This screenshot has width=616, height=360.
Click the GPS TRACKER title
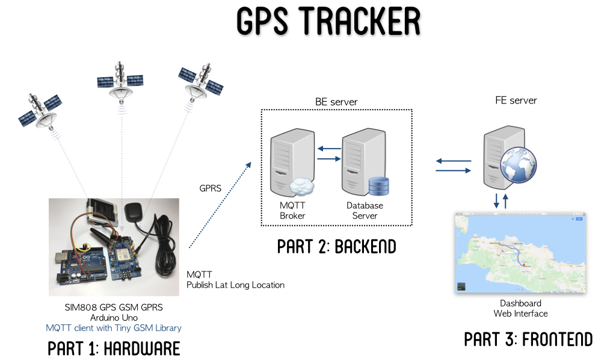tap(327, 23)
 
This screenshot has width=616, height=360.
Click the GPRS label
tap(211, 188)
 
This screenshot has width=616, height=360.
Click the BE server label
tap(336, 102)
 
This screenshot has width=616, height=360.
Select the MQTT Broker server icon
tap(288, 163)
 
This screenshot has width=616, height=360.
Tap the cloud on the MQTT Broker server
tap(303, 187)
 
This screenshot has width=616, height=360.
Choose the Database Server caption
tap(365, 211)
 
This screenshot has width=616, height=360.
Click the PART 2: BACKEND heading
tap(336, 247)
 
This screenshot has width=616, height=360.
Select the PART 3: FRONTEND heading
tap(528, 339)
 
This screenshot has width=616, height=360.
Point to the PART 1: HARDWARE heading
tap(114, 348)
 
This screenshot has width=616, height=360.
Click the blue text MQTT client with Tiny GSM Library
tap(114, 328)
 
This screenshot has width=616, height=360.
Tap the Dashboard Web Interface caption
tap(520, 308)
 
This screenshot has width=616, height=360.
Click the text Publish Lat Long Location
tap(235, 285)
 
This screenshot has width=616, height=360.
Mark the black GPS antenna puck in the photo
tap(133, 214)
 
